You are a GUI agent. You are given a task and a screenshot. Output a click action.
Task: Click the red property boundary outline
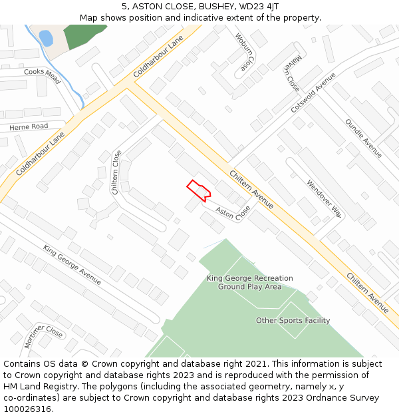click(199, 190)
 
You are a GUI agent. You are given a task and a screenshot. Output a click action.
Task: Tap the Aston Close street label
click(233, 214)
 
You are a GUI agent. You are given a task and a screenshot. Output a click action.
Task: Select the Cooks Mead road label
click(42, 76)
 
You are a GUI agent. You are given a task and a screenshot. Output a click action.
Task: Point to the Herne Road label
click(29, 126)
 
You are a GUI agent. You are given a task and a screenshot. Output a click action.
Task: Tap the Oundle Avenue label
click(363, 138)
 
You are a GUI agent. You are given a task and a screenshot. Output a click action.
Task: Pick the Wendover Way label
click(324, 198)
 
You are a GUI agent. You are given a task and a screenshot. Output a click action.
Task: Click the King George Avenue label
click(72, 264)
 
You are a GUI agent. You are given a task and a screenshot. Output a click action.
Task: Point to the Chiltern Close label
click(116, 172)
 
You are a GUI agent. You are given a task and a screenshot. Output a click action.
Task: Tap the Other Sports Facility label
click(293, 321)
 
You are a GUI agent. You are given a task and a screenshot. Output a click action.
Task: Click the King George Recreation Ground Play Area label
click(249, 283)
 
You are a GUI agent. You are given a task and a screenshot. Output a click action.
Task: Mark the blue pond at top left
click(45, 37)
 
